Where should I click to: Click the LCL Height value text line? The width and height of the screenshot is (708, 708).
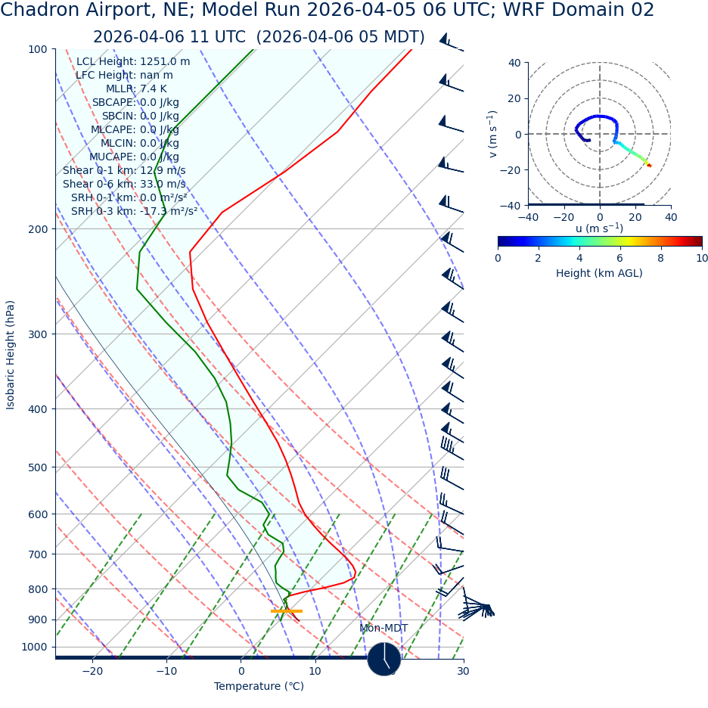click(133, 62)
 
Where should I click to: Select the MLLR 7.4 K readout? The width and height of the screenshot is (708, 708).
click(136, 89)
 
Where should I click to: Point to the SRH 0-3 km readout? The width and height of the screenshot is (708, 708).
click(134, 211)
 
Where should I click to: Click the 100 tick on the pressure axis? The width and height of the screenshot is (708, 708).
click(37, 50)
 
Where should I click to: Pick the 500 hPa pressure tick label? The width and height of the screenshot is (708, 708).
click(37, 467)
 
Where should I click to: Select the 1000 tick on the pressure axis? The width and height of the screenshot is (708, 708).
click(34, 647)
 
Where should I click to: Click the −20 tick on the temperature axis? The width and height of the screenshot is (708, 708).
click(92, 671)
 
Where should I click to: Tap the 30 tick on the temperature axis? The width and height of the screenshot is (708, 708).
click(463, 671)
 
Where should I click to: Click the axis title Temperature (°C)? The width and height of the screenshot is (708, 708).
click(259, 687)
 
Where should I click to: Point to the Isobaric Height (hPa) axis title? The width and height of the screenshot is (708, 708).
click(11, 355)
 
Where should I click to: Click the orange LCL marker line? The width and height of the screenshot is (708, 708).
click(287, 610)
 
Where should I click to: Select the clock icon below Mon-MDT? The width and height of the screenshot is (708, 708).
click(384, 659)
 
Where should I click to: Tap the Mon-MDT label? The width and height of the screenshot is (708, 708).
click(383, 629)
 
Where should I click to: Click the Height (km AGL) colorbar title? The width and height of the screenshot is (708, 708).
click(599, 273)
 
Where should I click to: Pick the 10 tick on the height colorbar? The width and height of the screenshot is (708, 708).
click(702, 258)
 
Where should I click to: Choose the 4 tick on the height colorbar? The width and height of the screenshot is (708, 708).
click(579, 258)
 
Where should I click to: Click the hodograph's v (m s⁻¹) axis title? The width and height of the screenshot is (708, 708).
click(493, 134)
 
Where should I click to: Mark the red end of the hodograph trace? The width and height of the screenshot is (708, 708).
click(649, 165)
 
